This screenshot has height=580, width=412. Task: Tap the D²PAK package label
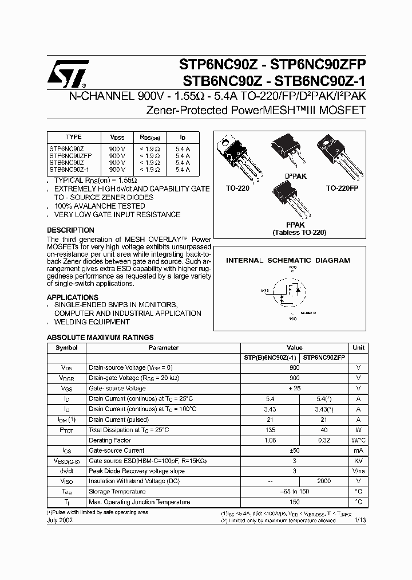295,176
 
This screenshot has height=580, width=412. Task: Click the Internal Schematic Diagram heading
288,260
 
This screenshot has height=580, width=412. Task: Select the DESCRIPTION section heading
70,230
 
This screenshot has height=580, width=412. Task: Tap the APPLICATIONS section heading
73,297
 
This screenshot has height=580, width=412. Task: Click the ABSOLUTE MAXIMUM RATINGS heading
100,338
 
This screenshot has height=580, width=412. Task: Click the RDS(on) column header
150,138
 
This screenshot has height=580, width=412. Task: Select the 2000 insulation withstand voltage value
324,481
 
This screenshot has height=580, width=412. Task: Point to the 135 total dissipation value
271,430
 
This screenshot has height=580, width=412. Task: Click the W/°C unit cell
358,440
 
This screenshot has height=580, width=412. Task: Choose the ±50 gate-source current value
294,450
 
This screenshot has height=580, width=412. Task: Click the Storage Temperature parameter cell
117,491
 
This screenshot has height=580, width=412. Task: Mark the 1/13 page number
359,520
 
